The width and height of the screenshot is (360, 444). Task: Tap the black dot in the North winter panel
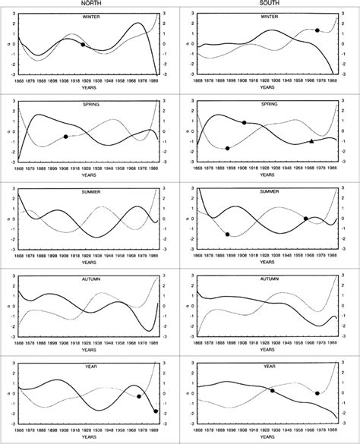(x=83, y=45)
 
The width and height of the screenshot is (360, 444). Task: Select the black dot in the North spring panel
(x=66, y=137)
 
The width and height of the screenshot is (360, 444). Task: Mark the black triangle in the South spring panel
(x=311, y=141)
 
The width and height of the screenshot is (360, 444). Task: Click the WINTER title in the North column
(x=90, y=16)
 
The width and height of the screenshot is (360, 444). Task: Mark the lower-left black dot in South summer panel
(x=228, y=235)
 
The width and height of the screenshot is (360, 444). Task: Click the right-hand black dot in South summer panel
(x=306, y=219)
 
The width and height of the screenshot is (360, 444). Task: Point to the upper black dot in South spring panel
(x=244, y=122)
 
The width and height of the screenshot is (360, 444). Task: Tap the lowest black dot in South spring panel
(x=227, y=148)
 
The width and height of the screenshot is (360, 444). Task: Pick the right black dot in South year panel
(x=317, y=393)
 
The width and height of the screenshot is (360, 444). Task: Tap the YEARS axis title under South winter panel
(x=265, y=87)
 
